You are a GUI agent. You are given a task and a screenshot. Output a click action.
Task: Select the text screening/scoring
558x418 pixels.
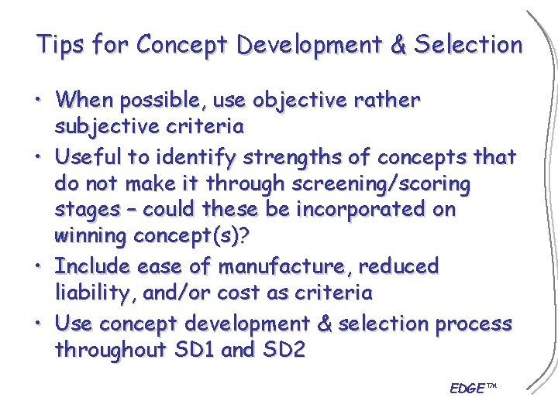click(x=381, y=183)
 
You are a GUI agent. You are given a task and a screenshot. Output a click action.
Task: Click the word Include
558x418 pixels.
click(x=93, y=266)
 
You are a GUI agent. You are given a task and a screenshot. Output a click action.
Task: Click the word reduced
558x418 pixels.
click(x=399, y=266)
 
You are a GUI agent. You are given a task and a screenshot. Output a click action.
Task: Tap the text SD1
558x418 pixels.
click(x=192, y=351)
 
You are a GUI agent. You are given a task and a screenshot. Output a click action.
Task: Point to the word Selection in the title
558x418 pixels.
click(x=470, y=45)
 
